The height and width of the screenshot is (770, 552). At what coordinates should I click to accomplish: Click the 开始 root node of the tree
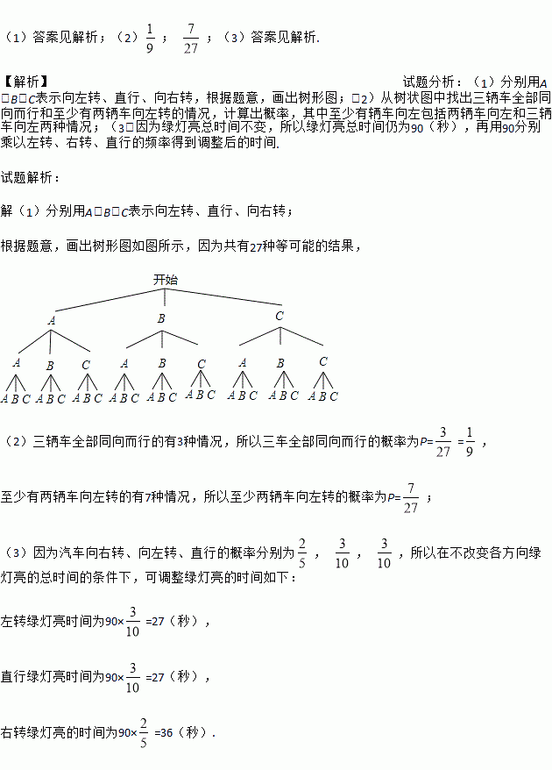tap(165, 280)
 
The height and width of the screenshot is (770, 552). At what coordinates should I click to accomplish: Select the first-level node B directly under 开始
tap(161, 319)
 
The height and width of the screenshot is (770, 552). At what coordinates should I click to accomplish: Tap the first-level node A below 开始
tap(52, 321)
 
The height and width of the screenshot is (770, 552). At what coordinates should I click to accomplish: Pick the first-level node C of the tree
tap(280, 317)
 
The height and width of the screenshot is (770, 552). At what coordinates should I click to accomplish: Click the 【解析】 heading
tap(25, 82)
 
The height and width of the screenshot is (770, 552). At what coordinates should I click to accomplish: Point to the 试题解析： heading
tap(32, 177)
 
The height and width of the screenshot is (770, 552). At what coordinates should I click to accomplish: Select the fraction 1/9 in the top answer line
tap(150, 39)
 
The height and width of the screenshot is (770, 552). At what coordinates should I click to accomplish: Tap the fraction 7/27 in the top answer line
tap(191, 39)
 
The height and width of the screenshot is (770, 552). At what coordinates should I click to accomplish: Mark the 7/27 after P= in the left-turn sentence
tap(411, 497)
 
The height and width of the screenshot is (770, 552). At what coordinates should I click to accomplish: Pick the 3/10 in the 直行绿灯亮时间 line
tap(133, 677)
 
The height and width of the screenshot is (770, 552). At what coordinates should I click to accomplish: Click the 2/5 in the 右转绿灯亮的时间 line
tap(143, 732)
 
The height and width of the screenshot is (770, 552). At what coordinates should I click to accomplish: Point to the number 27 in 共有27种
tap(256, 247)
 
